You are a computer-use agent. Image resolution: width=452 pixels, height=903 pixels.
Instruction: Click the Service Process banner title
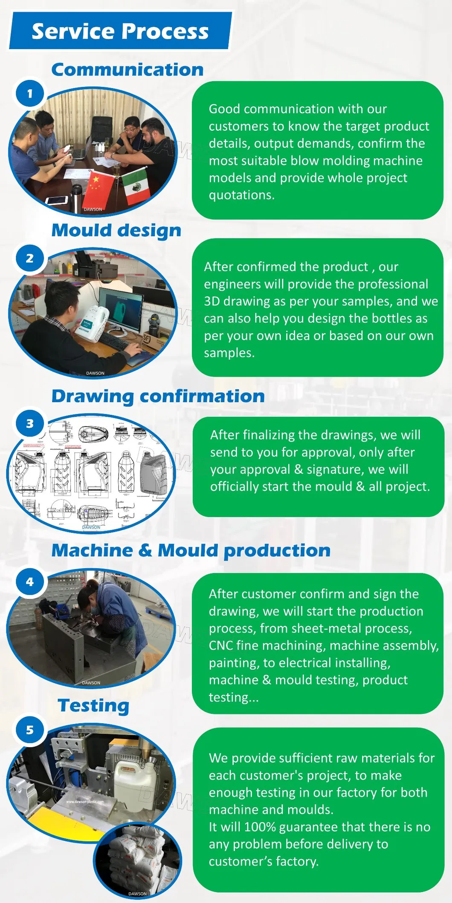point(120,31)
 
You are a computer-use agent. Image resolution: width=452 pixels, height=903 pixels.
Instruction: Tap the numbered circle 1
point(30,93)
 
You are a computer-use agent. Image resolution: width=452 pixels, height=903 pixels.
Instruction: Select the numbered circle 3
point(30,423)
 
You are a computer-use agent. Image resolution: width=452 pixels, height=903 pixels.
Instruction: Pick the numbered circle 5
point(30,730)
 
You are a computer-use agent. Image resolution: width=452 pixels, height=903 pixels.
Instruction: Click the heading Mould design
point(116,230)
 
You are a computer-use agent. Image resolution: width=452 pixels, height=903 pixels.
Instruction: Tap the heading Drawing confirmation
point(158,396)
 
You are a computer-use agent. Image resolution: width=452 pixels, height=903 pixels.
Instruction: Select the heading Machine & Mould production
point(191,550)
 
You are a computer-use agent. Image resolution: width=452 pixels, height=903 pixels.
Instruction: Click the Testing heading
point(93,705)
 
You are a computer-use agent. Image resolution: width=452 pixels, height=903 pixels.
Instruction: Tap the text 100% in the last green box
point(259,827)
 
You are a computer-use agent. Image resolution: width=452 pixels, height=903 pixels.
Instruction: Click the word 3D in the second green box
point(212,301)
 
